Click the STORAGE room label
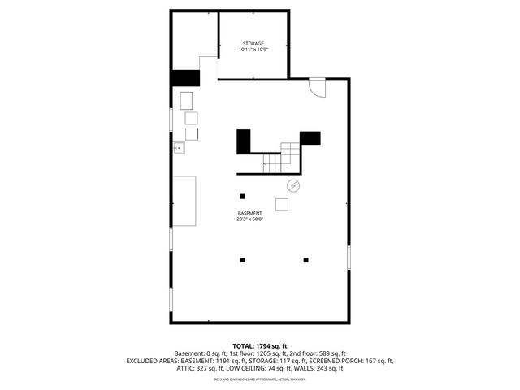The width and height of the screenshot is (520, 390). point(253,43)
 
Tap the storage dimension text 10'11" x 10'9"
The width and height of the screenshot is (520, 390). point(253,50)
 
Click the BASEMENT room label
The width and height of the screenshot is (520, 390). point(249,213)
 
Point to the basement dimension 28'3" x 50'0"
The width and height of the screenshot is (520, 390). point(249,219)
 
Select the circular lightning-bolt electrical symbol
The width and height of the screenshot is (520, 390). point(293,186)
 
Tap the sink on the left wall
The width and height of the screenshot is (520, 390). point(179,148)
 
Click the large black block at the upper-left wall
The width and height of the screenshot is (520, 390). point(186,78)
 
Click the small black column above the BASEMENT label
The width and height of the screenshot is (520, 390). point(242,196)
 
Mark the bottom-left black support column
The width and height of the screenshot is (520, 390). point(242,260)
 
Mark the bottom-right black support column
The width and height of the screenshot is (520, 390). point(306,260)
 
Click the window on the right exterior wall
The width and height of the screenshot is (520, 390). point(349,257)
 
